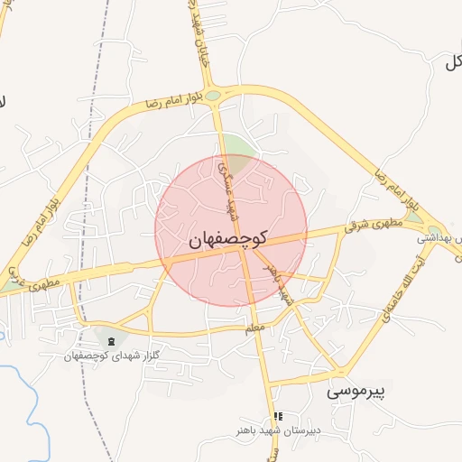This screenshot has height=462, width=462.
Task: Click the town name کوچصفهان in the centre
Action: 230,240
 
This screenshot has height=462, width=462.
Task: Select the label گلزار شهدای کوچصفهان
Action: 111,356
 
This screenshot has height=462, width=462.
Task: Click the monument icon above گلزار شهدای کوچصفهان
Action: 111,341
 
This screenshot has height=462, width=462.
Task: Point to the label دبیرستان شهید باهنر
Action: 277,430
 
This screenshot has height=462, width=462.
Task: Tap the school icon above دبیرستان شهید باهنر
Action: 277,416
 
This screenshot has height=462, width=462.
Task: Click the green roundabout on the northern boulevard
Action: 213,95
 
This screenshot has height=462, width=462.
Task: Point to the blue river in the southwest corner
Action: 27,397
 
